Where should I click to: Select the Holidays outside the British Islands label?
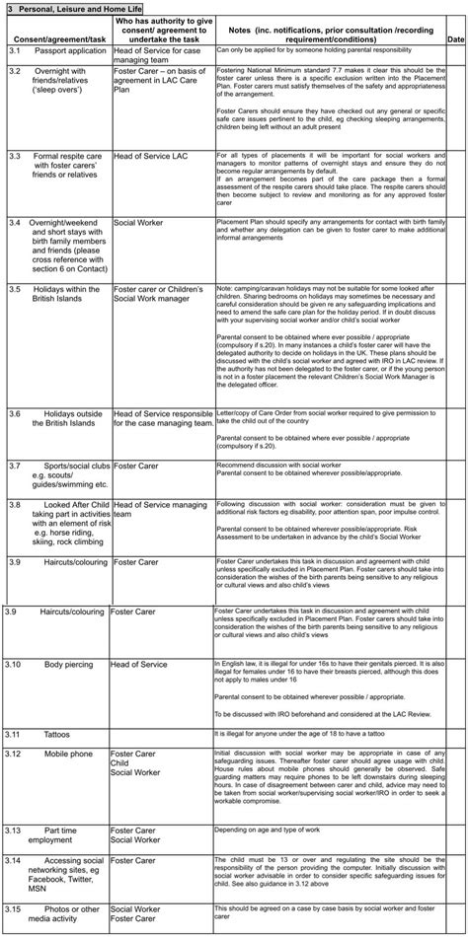coord(74,417)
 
